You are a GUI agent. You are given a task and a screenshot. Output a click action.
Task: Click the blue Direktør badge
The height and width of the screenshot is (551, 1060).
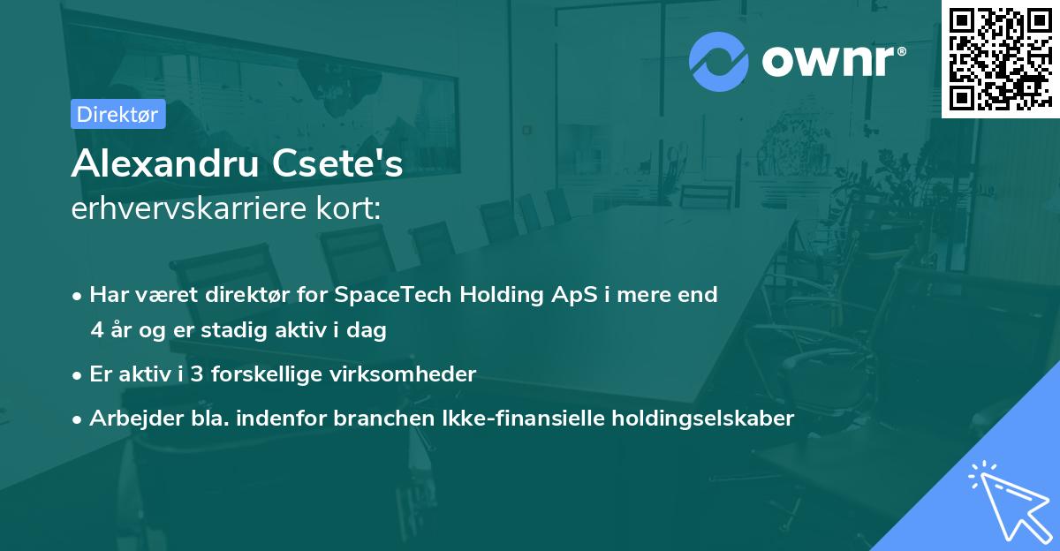[118, 114]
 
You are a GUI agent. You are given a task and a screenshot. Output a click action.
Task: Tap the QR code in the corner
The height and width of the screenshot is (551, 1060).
[1000, 59]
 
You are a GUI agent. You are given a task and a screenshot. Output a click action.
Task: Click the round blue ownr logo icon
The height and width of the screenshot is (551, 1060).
[719, 62]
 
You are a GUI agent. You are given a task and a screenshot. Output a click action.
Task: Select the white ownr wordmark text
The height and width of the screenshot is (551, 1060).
[834, 62]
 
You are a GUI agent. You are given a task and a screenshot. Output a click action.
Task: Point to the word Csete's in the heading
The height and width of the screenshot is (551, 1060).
[337, 163]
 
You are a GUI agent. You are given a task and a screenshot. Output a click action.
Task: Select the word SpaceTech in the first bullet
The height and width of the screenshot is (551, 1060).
[393, 295]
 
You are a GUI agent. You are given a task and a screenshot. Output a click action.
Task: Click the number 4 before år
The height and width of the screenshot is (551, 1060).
[97, 330]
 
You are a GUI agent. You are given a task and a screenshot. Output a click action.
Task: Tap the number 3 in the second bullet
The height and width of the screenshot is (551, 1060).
[197, 374]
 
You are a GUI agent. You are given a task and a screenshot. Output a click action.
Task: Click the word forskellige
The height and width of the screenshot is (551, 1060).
[267, 375]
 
